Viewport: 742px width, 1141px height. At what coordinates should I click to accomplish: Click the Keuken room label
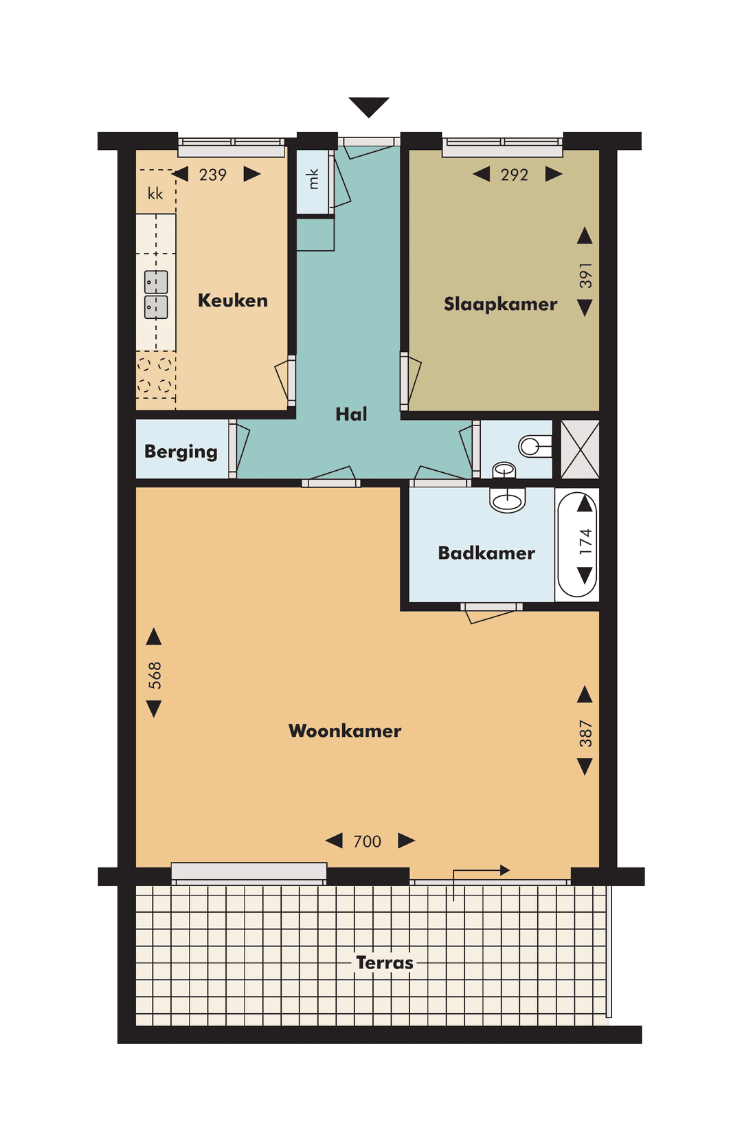(232, 300)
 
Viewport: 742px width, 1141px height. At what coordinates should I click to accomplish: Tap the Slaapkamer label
(500, 304)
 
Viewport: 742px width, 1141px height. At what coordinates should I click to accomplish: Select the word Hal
(351, 414)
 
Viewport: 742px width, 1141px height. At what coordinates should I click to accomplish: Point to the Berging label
(181, 452)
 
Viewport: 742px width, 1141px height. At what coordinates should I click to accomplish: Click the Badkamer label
(486, 553)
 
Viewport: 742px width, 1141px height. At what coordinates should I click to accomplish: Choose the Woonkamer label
(345, 731)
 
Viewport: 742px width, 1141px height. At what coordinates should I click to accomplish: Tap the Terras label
(385, 962)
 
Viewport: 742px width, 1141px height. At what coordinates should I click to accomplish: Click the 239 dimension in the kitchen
(213, 175)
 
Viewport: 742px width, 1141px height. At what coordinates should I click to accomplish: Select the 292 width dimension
(515, 175)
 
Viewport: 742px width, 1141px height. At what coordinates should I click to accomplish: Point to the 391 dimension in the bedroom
(585, 275)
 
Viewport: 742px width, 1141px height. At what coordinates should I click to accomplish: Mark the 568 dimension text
(155, 675)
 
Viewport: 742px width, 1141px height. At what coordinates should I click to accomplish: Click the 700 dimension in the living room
(368, 841)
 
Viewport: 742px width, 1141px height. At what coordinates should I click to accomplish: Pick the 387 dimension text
(585, 733)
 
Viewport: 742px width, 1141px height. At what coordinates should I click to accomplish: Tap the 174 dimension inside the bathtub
(585, 541)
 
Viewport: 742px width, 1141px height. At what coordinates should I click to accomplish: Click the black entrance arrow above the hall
(369, 107)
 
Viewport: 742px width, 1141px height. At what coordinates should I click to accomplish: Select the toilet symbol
(535, 447)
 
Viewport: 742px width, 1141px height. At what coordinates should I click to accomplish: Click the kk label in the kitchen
(156, 194)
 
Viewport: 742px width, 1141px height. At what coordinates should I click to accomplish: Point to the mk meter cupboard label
(313, 179)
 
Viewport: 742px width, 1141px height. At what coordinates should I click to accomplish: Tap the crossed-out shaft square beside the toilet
(580, 449)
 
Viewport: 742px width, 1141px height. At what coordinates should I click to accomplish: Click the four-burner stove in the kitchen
(155, 375)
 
